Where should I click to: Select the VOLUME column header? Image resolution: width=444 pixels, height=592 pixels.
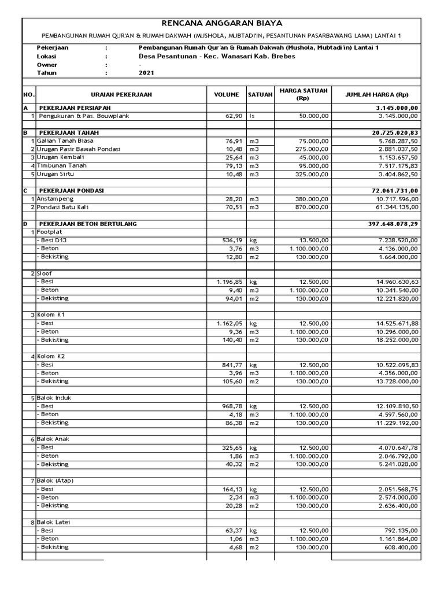[227, 94]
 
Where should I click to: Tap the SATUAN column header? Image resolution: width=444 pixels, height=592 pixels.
[260, 94]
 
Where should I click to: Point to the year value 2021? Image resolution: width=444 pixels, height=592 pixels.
[147, 73]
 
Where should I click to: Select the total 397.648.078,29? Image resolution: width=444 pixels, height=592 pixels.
[393, 223]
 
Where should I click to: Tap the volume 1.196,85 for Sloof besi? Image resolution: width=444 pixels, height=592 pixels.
[227, 282]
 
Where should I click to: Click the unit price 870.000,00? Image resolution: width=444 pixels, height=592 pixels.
[312, 207]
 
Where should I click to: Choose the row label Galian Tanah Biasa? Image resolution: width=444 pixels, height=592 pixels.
[65, 140]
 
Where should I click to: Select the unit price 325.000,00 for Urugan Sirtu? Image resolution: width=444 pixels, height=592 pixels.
[312, 174]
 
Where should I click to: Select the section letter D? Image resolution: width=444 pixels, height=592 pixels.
[25, 223]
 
